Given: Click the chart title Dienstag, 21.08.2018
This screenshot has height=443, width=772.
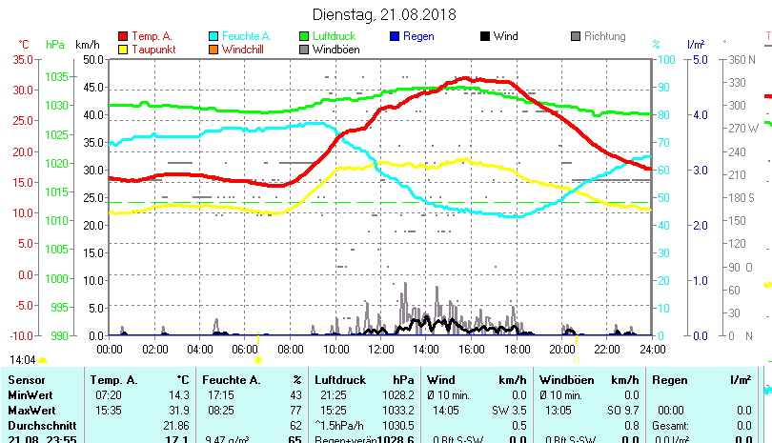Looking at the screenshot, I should point(384,15).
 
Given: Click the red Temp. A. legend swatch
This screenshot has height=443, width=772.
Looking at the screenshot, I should point(123,36).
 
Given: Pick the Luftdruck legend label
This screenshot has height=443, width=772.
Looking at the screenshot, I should point(338,36).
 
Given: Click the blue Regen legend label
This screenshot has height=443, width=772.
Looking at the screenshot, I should point(417,36).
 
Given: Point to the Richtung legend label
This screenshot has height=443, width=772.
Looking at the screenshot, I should point(605,36).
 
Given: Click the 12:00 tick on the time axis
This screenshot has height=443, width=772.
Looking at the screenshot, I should point(380,349).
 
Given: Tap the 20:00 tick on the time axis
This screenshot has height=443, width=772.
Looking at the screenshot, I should point(561,349).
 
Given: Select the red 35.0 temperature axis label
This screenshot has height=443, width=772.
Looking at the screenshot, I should point(23,59).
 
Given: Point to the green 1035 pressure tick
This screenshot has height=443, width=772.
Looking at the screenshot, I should point(56,76).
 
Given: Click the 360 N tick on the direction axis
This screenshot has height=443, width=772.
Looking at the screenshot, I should point(742,59).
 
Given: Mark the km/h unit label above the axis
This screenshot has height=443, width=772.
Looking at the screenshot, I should point(88,45).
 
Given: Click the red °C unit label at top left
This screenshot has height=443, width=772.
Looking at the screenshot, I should point(24,45).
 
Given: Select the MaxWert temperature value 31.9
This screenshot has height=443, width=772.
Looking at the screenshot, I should point(176,410).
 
